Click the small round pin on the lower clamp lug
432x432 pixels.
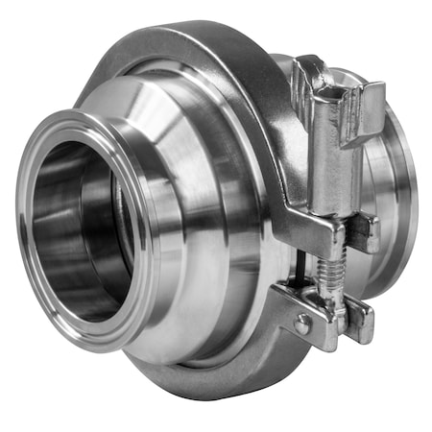303,325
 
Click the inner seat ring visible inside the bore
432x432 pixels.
115,240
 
